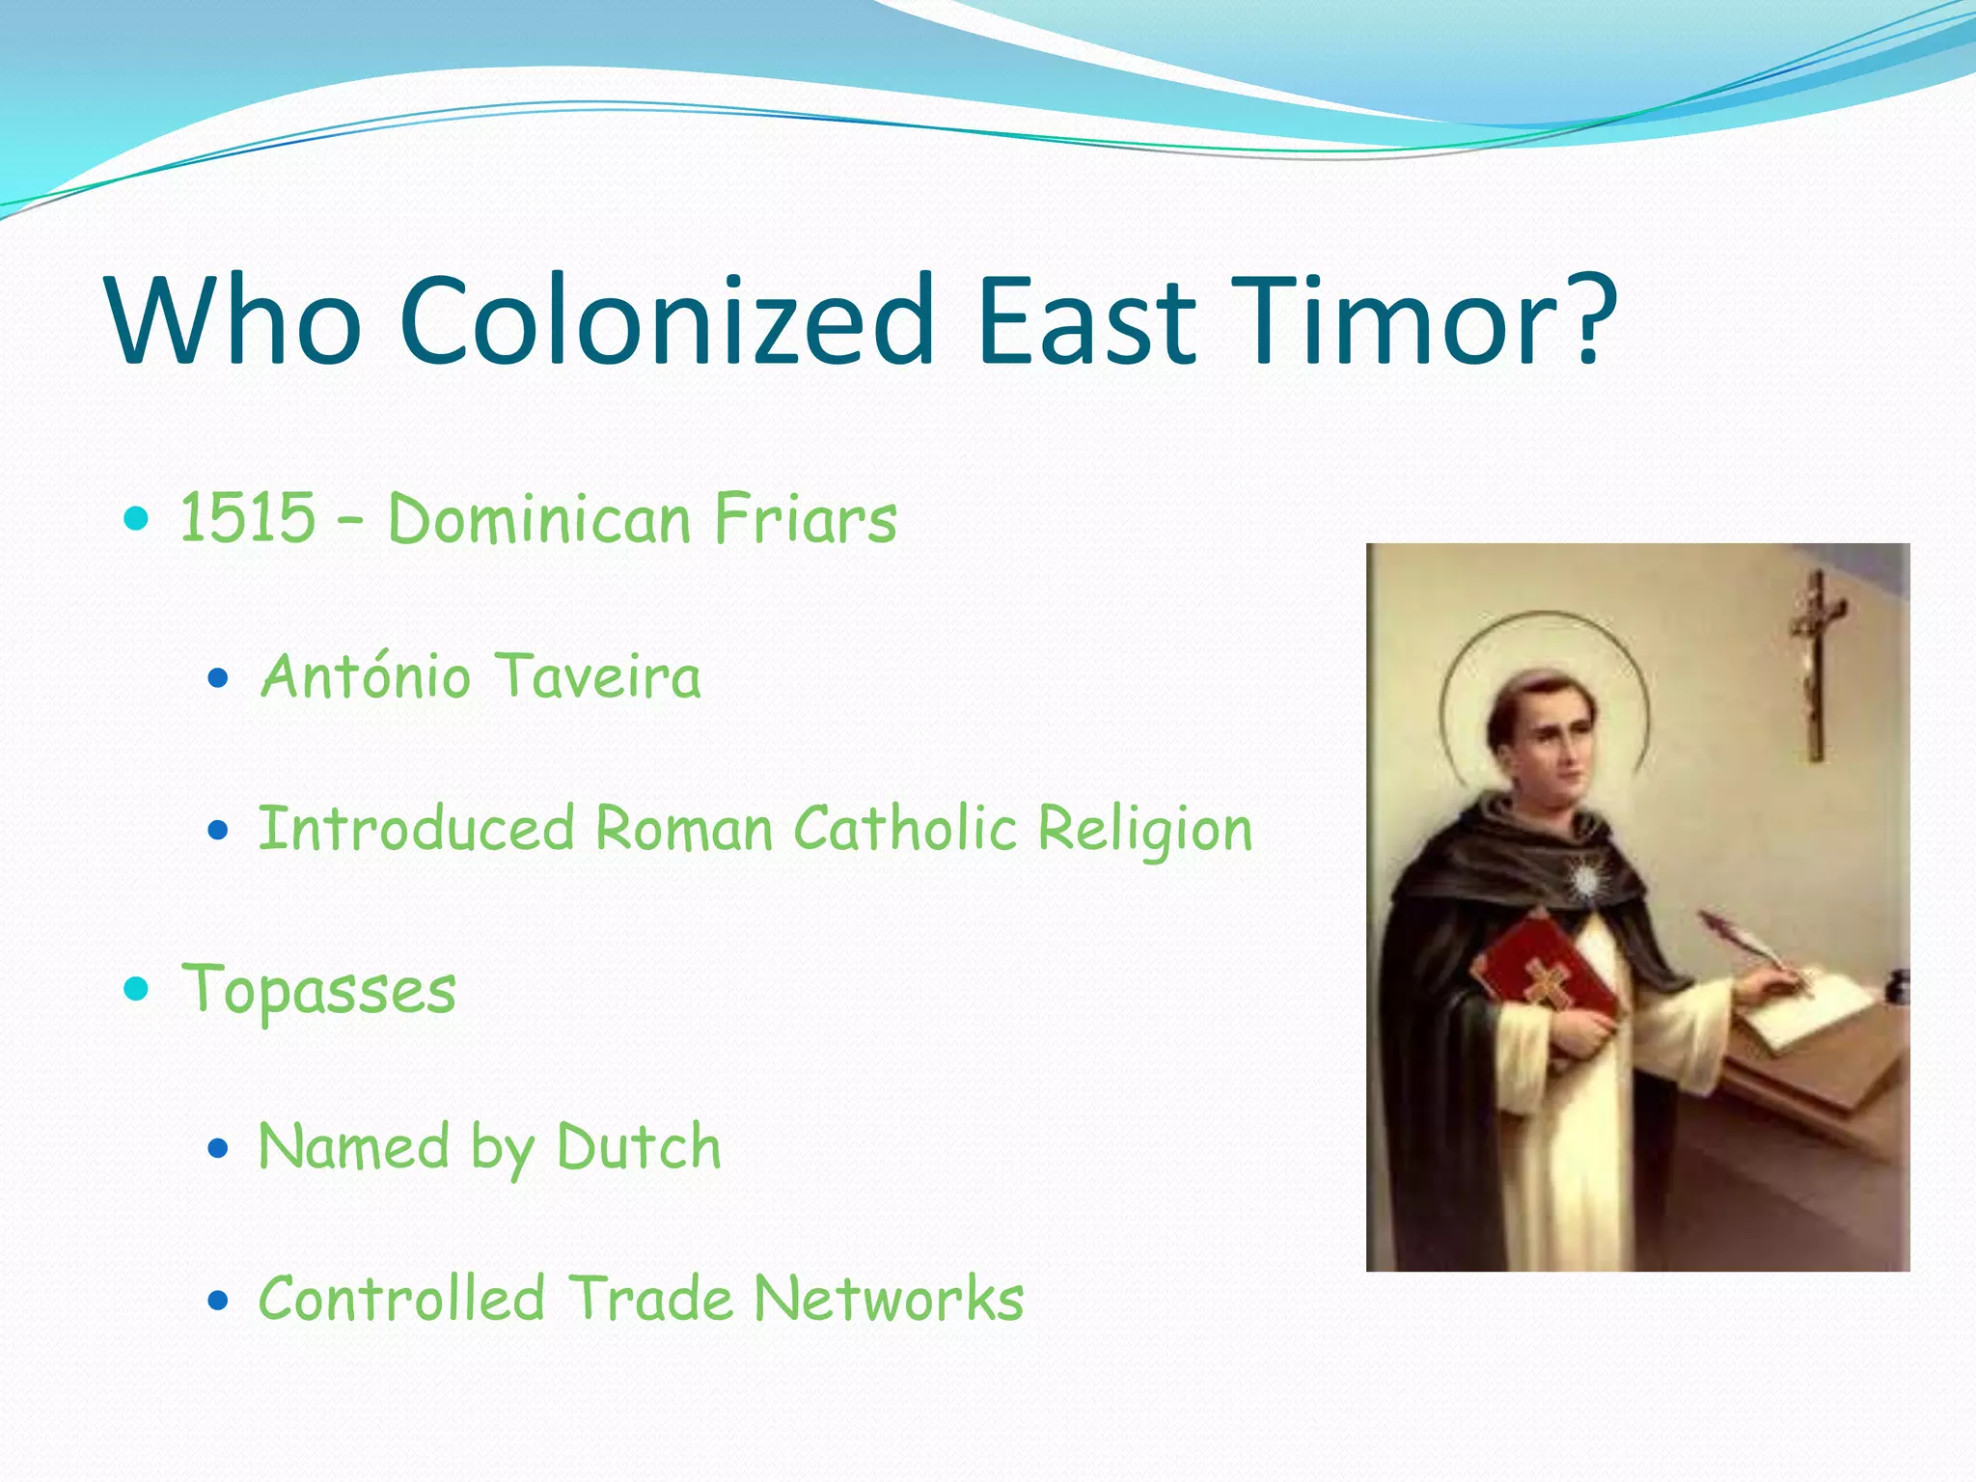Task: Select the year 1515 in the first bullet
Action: click(248, 518)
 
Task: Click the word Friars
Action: click(806, 518)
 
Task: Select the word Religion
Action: click(1145, 830)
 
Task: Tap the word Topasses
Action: click(319, 990)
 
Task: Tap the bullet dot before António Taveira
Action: click(218, 678)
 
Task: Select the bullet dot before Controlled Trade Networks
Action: click(218, 1301)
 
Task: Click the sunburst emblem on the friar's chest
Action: click(1584, 880)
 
